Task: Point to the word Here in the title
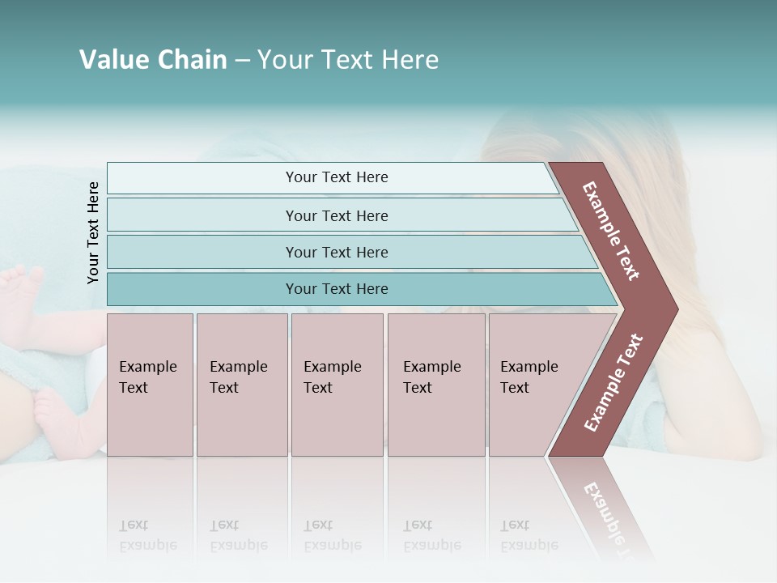410,60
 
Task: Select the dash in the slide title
242,61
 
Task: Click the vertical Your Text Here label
93,232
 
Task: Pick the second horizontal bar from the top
336,215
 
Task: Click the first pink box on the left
150,385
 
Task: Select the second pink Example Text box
242,385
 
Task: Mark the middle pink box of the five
337,385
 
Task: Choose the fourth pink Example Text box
436,385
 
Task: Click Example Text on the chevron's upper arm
611,231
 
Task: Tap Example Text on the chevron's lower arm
614,383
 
